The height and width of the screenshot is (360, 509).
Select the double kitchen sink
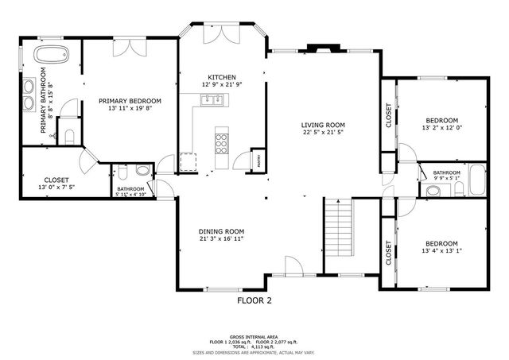click(212, 99)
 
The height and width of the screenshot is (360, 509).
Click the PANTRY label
click(258, 158)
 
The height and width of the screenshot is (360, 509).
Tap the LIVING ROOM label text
click(322, 125)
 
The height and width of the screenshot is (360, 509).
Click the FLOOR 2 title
click(254, 301)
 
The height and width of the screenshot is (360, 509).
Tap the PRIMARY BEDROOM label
click(130, 101)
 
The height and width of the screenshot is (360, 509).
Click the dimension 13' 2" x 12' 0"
click(441, 128)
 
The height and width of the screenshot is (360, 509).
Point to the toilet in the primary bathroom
click(69, 136)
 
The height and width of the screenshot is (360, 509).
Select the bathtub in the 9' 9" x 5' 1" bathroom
click(476, 180)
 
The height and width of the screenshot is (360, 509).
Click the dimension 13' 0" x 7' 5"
click(56, 188)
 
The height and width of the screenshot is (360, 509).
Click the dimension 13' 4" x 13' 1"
click(441, 251)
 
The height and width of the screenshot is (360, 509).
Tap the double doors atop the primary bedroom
click(128, 47)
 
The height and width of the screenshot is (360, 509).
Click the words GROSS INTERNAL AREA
click(254, 336)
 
